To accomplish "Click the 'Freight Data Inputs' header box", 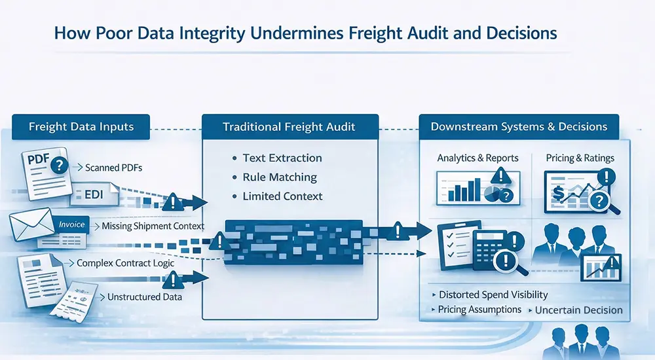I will pyautogui.click(x=81, y=126).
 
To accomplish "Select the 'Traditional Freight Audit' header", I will pyautogui.click(x=290, y=126).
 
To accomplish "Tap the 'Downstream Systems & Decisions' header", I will pyautogui.click(x=519, y=126).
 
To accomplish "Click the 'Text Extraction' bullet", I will pyautogui.click(x=282, y=158).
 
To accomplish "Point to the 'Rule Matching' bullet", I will pyautogui.click(x=279, y=177).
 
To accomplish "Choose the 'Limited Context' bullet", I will pyautogui.click(x=282, y=196).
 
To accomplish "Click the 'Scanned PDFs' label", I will pyautogui.click(x=113, y=168).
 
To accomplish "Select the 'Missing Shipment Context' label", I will pyautogui.click(x=153, y=226).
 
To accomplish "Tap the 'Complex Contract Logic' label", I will pyautogui.click(x=126, y=263).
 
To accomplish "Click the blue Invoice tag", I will pyautogui.click(x=71, y=224).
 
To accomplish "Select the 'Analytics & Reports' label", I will pyautogui.click(x=477, y=158).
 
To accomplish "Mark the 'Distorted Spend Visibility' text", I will pyautogui.click(x=493, y=295).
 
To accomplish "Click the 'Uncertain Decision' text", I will pyautogui.click(x=578, y=310).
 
